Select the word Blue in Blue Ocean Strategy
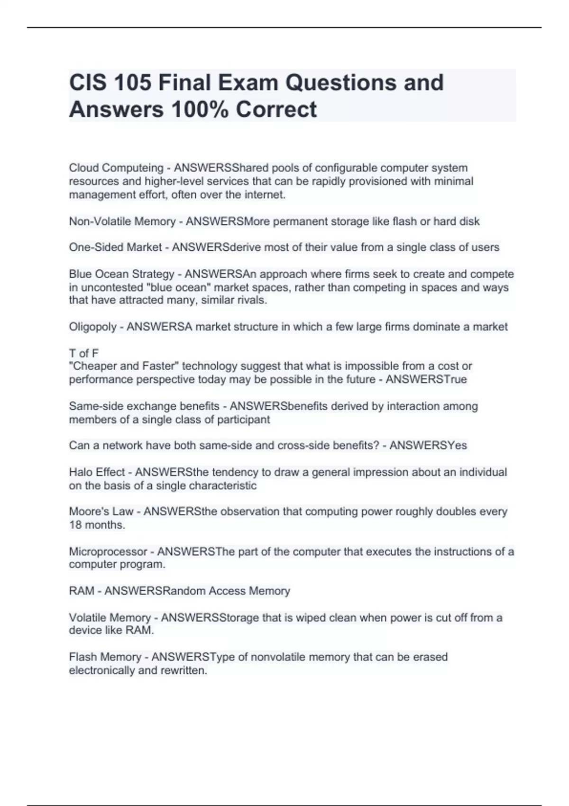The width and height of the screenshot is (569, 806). click(x=80, y=274)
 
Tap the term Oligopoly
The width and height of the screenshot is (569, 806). click(x=93, y=327)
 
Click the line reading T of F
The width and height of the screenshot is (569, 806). click(x=84, y=353)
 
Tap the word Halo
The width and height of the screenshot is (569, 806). click(x=81, y=472)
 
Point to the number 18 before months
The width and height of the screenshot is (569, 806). click(x=75, y=525)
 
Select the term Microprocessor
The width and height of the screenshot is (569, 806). click(x=108, y=552)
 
